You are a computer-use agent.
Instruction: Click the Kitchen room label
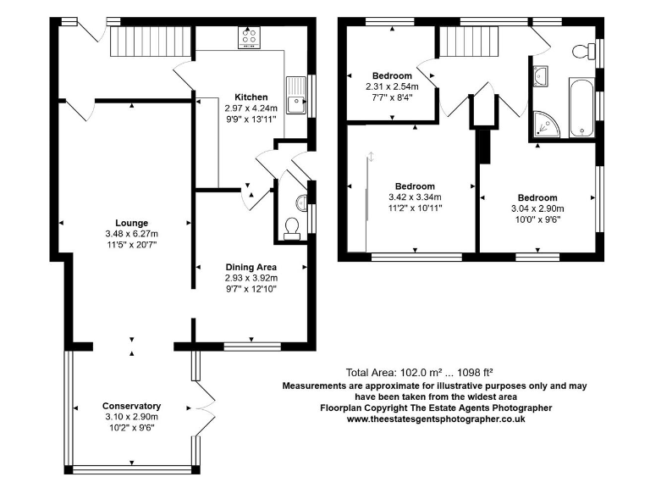(x=251, y=97)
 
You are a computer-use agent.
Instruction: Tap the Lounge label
(x=132, y=223)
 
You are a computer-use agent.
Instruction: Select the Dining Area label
(x=251, y=267)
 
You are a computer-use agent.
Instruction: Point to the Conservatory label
(x=132, y=406)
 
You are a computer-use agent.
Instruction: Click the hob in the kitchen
(x=249, y=37)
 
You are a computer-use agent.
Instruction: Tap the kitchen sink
(x=296, y=96)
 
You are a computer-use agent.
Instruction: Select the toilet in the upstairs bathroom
(x=583, y=52)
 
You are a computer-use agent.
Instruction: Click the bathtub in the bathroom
(x=582, y=107)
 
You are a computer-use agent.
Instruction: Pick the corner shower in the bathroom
(x=547, y=124)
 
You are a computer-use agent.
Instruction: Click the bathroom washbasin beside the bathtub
(x=541, y=76)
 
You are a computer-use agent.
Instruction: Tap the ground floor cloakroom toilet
(x=292, y=229)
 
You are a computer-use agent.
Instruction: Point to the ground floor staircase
(x=151, y=41)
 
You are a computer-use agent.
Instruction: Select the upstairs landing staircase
(x=468, y=41)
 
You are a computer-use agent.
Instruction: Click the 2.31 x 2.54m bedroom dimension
(x=392, y=86)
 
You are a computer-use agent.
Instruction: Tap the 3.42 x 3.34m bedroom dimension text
(x=415, y=197)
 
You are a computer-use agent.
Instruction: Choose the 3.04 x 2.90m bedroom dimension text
(x=537, y=208)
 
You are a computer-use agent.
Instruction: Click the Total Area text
(x=419, y=372)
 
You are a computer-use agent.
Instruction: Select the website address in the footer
(x=436, y=419)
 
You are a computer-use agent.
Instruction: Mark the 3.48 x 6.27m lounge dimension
(x=132, y=234)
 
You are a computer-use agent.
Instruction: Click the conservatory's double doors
(x=206, y=408)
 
